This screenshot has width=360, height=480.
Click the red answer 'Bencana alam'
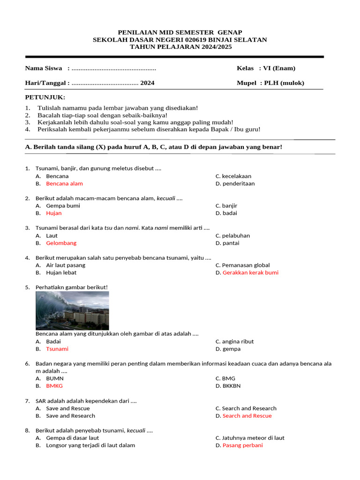[64, 184]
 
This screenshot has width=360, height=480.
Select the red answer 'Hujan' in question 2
[54, 213]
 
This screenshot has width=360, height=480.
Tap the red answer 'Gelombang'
[61, 243]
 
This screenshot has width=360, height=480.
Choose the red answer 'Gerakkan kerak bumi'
[250, 273]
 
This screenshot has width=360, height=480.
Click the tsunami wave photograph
[72, 310]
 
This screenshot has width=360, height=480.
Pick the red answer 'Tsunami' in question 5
[57, 349]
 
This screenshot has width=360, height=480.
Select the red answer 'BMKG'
[54, 386]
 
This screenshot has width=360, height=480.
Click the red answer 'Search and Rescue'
[247, 416]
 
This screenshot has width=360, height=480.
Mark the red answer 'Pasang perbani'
[242, 445]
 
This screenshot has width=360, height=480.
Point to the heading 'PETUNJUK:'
[45, 97]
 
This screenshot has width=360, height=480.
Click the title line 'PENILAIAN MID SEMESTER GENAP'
[180, 32]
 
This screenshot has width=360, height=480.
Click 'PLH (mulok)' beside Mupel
[284, 83]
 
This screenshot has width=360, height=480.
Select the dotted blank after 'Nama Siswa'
[114, 68]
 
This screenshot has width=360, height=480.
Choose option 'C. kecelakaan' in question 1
[233, 176]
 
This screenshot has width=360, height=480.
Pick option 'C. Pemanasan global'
[243, 265]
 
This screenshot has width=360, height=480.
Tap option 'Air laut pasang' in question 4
[66, 265]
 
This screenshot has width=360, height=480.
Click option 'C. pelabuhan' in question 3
[233, 236]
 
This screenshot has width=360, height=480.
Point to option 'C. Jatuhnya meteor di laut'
[250, 438]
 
